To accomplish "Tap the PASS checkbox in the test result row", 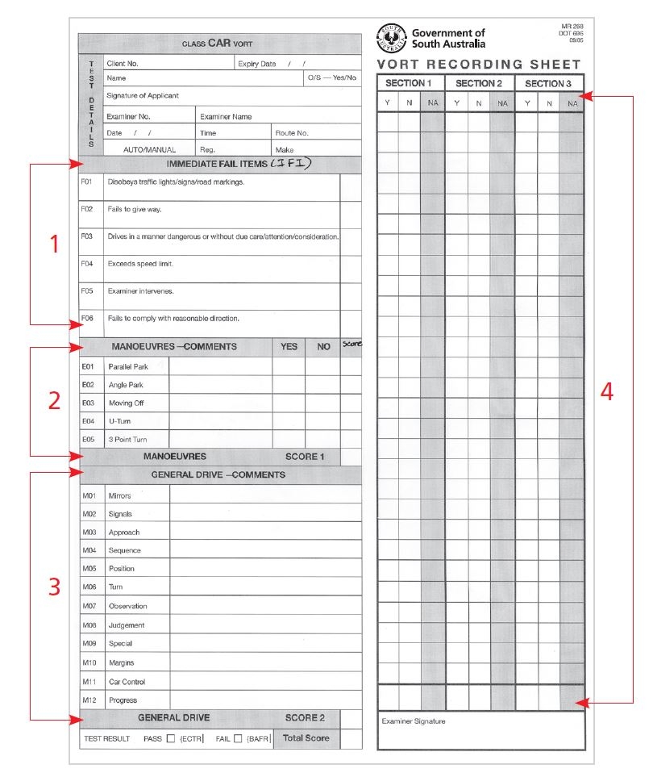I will pyautogui.click(x=169, y=738).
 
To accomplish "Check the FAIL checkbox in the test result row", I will pyautogui.click(x=238, y=738).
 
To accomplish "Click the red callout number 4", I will pyautogui.click(x=607, y=392).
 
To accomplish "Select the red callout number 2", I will pyautogui.click(x=54, y=401).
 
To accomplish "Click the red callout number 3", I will pyautogui.click(x=54, y=587).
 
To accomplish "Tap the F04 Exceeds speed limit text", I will pyautogui.click(x=140, y=264).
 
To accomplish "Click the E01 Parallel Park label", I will pyautogui.click(x=128, y=367).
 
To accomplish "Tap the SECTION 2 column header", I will pyautogui.click(x=479, y=83).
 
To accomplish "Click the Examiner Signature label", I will pyautogui.click(x=413, y=721).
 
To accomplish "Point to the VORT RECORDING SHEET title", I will pyautogui.click(x=479, y=65).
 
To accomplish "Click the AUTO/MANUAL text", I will pyautogui.click(x=149, y=149).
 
